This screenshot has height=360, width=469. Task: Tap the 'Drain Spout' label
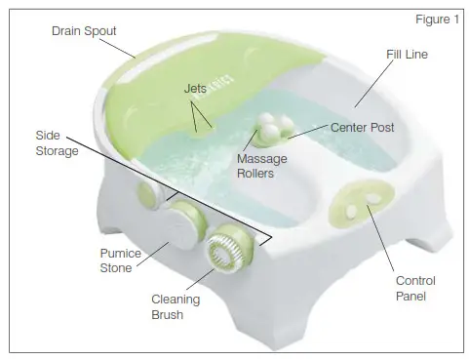[x=85, y=31]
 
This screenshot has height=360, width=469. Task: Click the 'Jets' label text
[x=196, y=88]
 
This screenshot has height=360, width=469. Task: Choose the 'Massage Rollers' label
[x=254, y=165]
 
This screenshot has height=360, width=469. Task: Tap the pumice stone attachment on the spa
[x=179, y=229]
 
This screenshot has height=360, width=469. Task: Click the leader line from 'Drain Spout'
[x=122, y=46]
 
